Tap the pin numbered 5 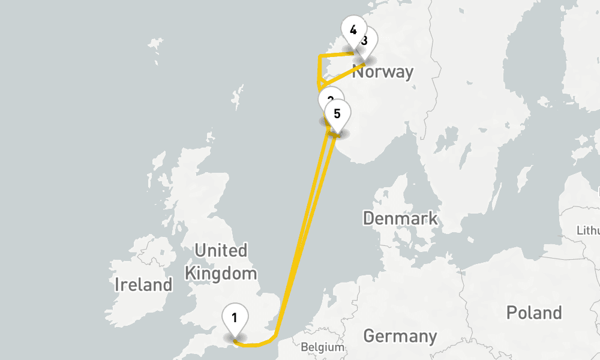(x=337, y=113)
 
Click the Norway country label (x=387, y=72)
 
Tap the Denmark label (x=400, y=218)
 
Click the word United (x=221, y=250)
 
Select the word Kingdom (x=221, y=274)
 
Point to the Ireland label (x=143, y=284)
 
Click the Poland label (x=534, y=313)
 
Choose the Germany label (x=400, y=335)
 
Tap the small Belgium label (x=323, y=347)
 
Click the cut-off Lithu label (x=587, y=230)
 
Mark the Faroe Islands (x=155, y=44)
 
